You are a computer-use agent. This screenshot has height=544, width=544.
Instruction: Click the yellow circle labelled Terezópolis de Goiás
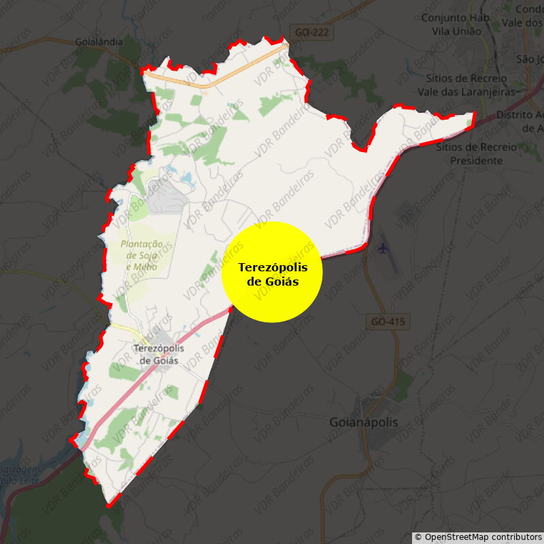(x=272, y=272)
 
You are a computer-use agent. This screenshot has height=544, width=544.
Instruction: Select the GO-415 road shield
(x=389, y=321)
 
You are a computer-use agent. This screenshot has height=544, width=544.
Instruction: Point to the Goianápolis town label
(x=364, y=422)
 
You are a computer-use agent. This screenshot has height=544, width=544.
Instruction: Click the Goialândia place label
(x=99, y=41)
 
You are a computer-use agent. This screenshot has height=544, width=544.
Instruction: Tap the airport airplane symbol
(x=384, y=248)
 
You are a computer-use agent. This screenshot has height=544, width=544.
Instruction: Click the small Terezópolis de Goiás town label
(x=158, y=354)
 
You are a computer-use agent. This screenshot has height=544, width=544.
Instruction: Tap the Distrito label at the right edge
(x=521, y=121)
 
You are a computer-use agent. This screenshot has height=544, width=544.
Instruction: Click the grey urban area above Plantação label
(x=165, y=198)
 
